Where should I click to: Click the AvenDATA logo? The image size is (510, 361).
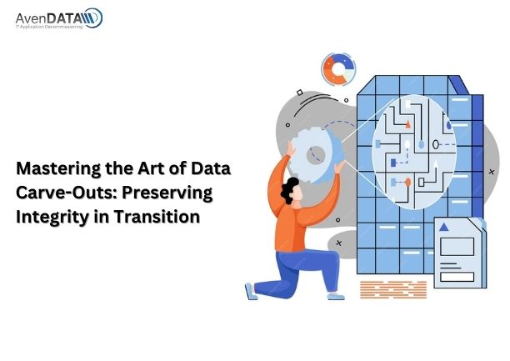click(x=59, y=18)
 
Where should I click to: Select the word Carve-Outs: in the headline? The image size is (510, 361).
click(x=66, y=193)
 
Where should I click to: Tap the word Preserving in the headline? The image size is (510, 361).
click(x=167, y=193)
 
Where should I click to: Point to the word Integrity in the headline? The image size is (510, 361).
click(x=52, y=218)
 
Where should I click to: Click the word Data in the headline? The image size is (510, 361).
click(x=211, y=168)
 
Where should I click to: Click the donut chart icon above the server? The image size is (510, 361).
click(x=338, y=69)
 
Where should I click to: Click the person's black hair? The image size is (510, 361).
click(x=289, y=190)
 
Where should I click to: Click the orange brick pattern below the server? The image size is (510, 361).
click(x=393, y=289)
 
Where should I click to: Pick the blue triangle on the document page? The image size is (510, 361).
click(x=444, y=227)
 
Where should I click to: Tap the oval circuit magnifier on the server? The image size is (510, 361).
click(x=414, y=152)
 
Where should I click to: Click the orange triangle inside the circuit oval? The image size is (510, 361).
click(x=408, y=124)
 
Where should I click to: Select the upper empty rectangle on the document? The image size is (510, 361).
click(x=457, y=247)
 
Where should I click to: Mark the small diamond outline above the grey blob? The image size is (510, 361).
click(x=300, y=93)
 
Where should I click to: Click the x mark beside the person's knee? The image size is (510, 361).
click(x=338, y=243)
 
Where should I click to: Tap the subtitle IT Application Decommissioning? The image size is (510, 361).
click(x=49, y=27)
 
